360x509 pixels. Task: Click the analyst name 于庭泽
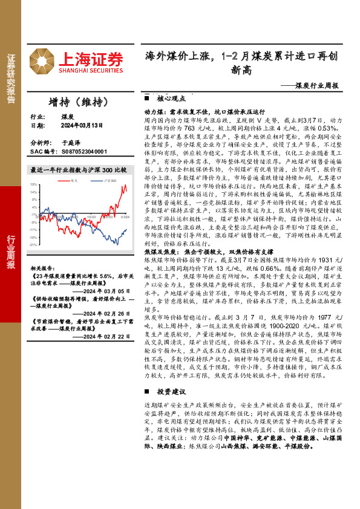click(71, 143)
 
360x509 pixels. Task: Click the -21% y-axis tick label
click(33, 245)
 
